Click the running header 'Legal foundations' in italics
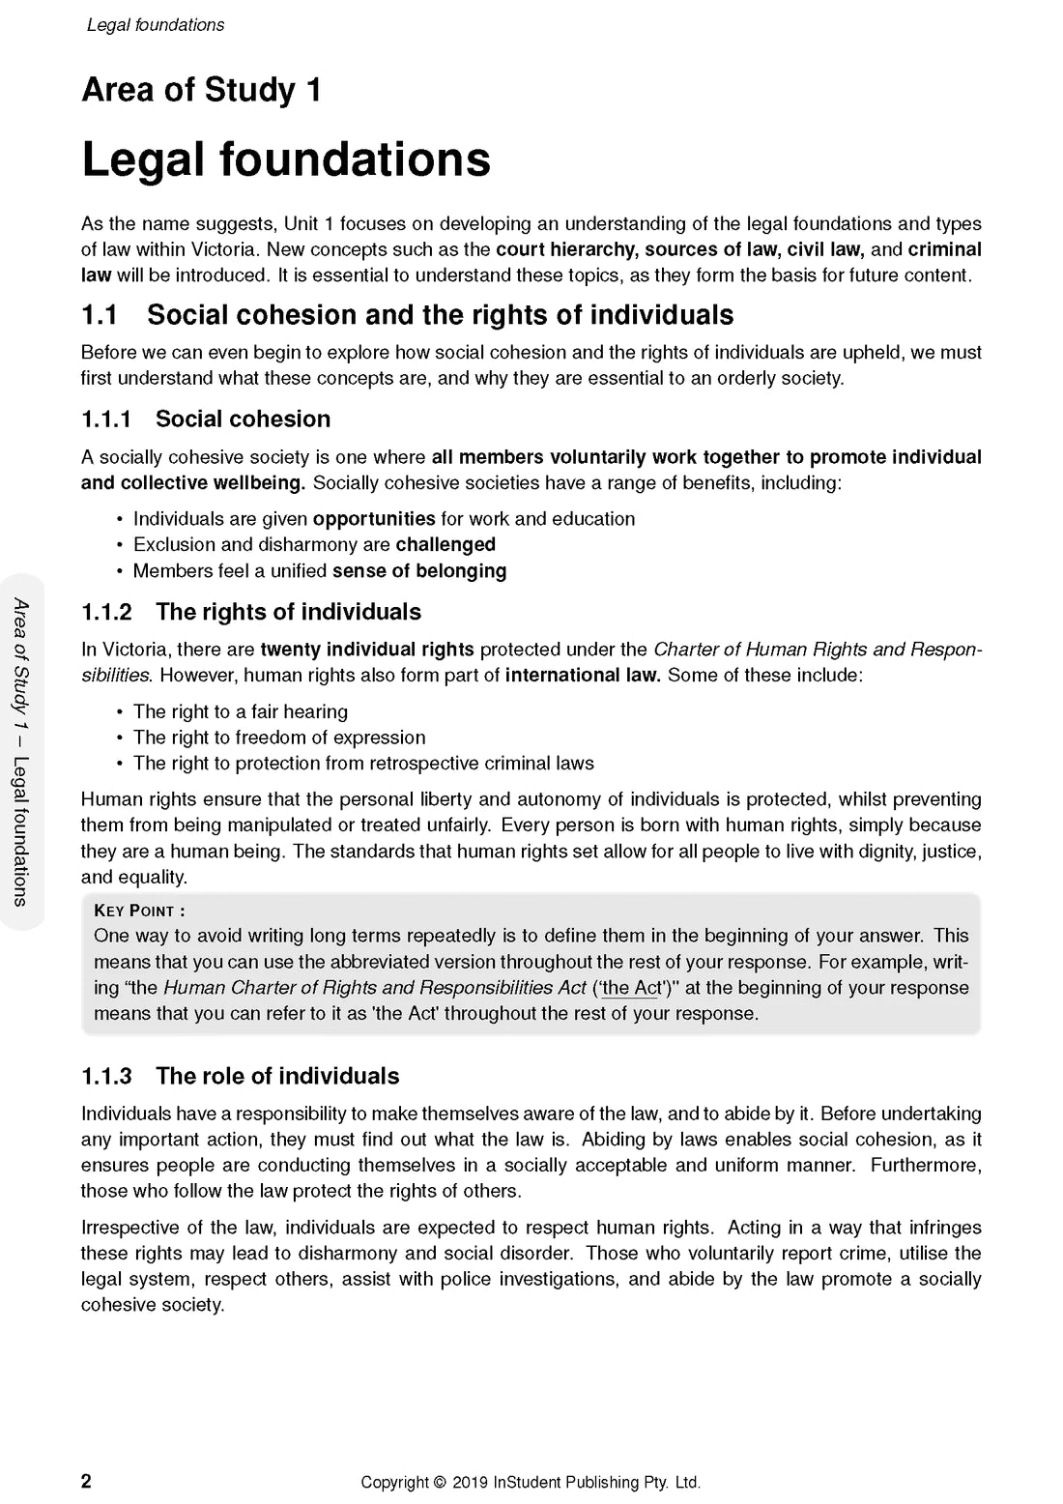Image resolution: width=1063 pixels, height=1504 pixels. (156, 25)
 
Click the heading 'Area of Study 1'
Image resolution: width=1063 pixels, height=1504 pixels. (201, 90)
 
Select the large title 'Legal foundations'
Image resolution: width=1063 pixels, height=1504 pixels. (286, 159)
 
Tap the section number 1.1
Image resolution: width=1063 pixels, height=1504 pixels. (100, 315)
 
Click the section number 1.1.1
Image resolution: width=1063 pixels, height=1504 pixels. (106, 419)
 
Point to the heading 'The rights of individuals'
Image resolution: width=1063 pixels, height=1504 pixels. (288, 612)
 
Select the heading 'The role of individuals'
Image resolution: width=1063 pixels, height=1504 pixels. (277, 1076)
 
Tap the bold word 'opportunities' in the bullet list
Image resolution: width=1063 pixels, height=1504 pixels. (374, 519)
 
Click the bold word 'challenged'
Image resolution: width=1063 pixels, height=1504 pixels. (445, 545)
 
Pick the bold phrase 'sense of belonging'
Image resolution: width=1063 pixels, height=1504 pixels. (419, 571)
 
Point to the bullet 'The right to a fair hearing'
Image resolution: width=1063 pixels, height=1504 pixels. (241, 712)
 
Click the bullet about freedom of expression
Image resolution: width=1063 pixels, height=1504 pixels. (279, 738)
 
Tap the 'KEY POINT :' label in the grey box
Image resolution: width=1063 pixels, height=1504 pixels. (139, 911)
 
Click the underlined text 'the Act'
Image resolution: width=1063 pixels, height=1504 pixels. (631, 988)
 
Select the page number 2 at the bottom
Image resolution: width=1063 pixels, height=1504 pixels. (86, 1482)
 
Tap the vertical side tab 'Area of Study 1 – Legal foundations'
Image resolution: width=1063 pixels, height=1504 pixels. (21, 751)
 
